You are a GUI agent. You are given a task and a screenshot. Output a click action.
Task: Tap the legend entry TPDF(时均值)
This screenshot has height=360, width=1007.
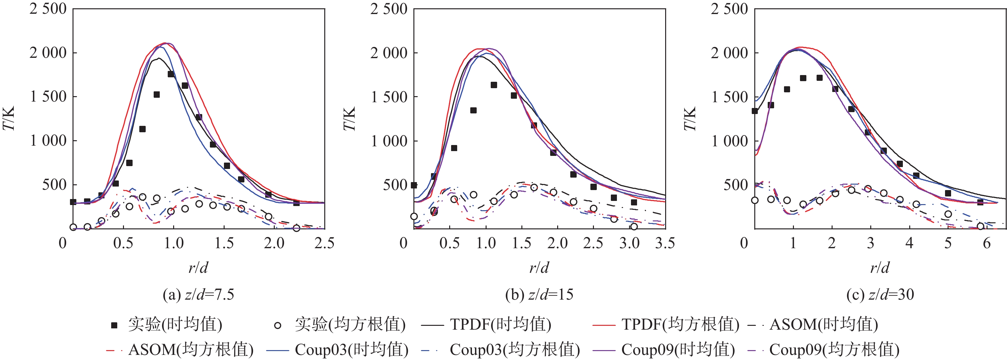click(486, 325)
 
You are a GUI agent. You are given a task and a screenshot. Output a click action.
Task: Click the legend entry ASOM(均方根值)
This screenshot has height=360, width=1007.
click(180, 349)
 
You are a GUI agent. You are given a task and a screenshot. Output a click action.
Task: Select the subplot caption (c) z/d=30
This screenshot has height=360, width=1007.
click(880, 294)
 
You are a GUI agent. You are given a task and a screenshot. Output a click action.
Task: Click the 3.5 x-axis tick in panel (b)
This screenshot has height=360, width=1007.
click(665, 243)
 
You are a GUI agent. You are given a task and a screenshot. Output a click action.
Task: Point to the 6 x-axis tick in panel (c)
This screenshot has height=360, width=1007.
click(987, 243)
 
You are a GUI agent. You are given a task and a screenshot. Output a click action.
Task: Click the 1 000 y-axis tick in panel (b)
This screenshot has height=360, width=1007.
click(389, 141)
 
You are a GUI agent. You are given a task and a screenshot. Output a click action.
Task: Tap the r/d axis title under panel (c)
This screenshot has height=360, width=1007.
click(880, 268)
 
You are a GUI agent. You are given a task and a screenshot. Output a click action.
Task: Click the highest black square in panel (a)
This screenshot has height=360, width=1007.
click(171, 74)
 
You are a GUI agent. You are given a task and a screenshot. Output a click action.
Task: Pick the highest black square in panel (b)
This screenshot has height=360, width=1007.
click(494, 85)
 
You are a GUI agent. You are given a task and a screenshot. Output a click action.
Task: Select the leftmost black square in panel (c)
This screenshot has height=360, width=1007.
click(755, 111)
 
